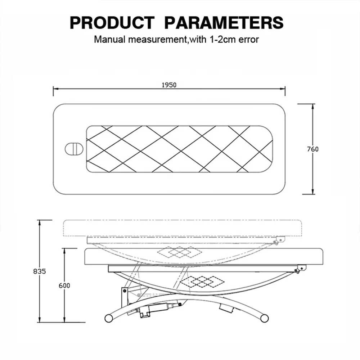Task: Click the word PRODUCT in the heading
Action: [x=112, y=23]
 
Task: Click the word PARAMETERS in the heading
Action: [x=224, y=23]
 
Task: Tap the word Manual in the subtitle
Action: [x=110, y=40]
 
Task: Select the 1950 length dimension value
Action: [x=169, y=85]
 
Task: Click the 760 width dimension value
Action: [x=313, y=149]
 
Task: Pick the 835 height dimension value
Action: [x=40, y=271]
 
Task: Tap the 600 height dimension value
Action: [x=64, y=285]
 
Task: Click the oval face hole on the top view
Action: [x=74, y=149]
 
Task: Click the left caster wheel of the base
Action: [x=109, y=318]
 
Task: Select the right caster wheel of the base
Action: [x=265, y=318]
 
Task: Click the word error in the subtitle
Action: [x=249, y=40]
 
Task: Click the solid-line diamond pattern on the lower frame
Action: [x=202, y=282]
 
